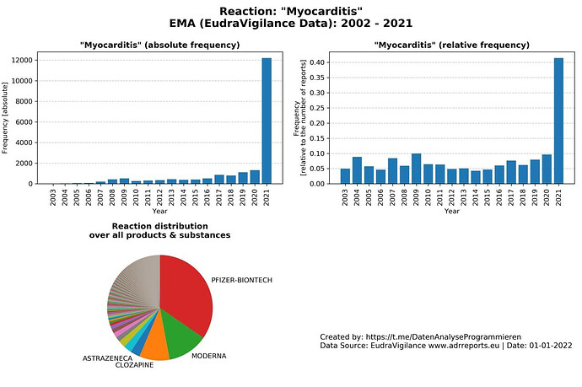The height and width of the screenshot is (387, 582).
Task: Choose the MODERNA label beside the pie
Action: coord(209,357)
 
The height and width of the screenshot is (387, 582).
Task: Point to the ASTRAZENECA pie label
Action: coord(108,358)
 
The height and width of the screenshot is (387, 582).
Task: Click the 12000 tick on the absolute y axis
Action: coord(21,61)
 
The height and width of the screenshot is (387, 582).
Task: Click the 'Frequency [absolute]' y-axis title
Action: coord(7,117)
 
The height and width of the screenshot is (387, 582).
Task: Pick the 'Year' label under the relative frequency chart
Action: coord(452,211)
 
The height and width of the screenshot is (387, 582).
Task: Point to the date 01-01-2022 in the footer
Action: coord(548,346)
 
